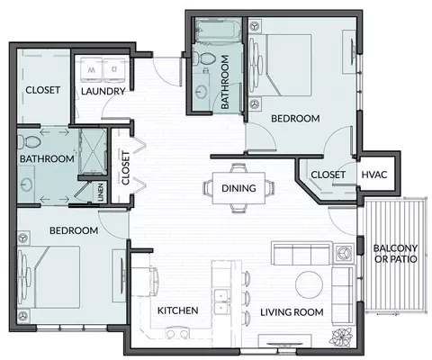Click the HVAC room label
(x=374, y=175)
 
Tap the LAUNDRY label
(x=103, y=91)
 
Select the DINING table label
(x=238, y=188)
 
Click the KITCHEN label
(x=177, y=310)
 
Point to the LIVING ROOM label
(x=292, y=312)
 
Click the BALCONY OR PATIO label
(x=395, y=254)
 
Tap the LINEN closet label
(x=101, y=192)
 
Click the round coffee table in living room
(x=309, y=284)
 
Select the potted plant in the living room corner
(x=340, y=337)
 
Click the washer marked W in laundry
(x=92, y=70)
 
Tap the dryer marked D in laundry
(x=114, y=70)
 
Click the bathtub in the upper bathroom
(x=218, y=30)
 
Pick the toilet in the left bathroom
(x=29, y=141)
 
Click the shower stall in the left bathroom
(x=93, y=151)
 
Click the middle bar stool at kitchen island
(x=247, y=298)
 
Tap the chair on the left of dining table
(x=208, y=188)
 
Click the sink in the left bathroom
(x=26, y=184)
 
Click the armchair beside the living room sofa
(x=344, y=254)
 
